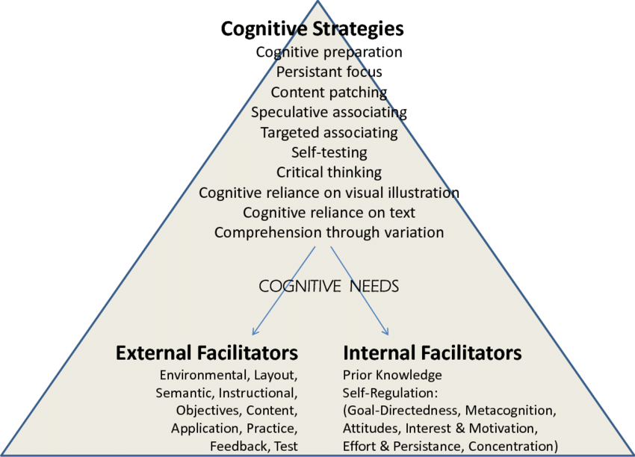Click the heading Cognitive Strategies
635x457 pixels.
[312, 29]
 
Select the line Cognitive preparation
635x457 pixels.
[329, 52]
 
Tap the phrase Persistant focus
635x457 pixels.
[329, 72]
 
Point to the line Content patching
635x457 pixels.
[329, 93]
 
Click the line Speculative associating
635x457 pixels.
[329, 113]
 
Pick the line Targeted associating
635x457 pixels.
[329, 133]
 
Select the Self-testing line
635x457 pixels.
[329, 153]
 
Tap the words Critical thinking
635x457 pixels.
[329, 172]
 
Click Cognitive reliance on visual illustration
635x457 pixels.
[329, 193]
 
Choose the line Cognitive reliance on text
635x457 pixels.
[329, 213]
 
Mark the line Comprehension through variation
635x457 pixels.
[329, 233]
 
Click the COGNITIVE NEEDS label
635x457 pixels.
[329, 286]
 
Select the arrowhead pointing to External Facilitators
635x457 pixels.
[255, 332]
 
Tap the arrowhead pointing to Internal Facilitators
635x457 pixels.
[386, 332]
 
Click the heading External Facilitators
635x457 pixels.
[207, 352]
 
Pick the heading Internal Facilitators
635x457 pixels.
[432, 352]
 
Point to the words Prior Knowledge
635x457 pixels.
[392, 375]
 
